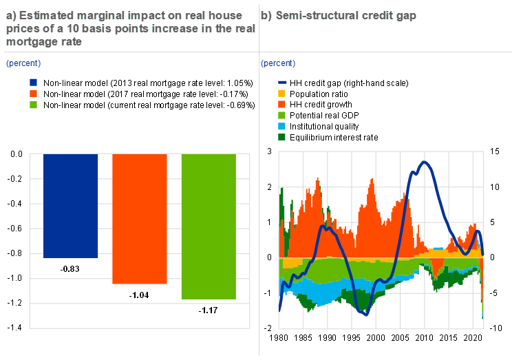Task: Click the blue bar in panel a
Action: [71, 205]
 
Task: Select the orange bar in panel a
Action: [140, 218]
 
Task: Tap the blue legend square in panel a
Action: [33, 82]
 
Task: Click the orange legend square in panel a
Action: [33, 93]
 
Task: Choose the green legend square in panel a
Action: [33, 105]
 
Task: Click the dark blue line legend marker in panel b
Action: [281, 82]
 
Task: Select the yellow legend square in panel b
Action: [281, 93]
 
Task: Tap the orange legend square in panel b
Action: [281, 104]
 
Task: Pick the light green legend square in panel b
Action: [281, 115]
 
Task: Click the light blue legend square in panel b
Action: [281, 126]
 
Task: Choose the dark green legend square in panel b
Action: [281, 137]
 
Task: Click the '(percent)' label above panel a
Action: [23, 63]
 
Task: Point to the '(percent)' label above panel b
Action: [278, 63]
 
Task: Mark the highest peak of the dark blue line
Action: [425, 162]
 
